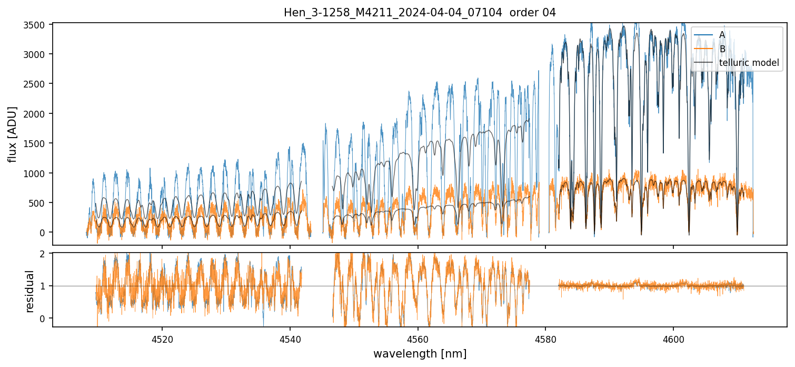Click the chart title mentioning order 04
pyautogui.click(x=420, y=13)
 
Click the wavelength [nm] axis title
pyautogui.click(x=420, y=354)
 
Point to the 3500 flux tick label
pyautogui.click(x=37, y=24)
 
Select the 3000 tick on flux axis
pyautogui.click(x=37, y=54)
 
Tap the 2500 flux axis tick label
pyautogui.click(x=37, y=84)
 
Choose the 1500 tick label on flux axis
pyautogui.click(x=37, y=143)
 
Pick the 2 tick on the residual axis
pyautogui.click(x=44, y=254)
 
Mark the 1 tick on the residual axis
pyautogui.click(x=44, y=286)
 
